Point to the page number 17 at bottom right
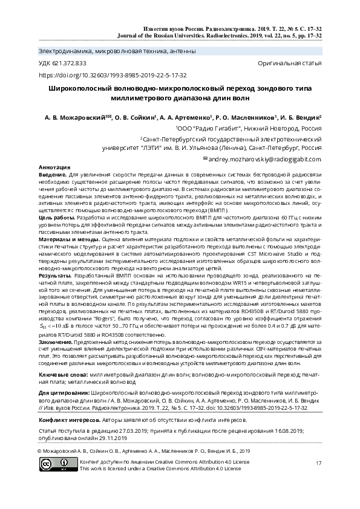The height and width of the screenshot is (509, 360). coord(318,463)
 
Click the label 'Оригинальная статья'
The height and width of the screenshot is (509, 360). coord(289,63)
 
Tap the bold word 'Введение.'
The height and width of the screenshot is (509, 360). coord(53,174)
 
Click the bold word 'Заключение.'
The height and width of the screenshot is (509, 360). coord(56,342)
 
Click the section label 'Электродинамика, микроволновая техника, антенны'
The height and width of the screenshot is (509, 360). coord(117,51)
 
